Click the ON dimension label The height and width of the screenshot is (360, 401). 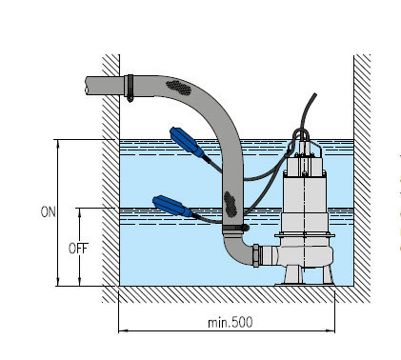pos(48,212)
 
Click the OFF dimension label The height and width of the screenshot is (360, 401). pos(78,249)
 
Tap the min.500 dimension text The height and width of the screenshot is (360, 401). pos(231,323)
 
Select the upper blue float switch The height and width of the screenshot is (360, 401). pos(187,142)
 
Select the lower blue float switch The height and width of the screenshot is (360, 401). pos(172,206)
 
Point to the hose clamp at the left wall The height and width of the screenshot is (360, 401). pos(130,88)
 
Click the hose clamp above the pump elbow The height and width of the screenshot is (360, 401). pos(235,227)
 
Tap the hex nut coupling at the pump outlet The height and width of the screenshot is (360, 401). pos(256,255)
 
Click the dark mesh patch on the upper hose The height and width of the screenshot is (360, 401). pos(179,88)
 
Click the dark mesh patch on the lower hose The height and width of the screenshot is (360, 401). pos(231,205)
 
